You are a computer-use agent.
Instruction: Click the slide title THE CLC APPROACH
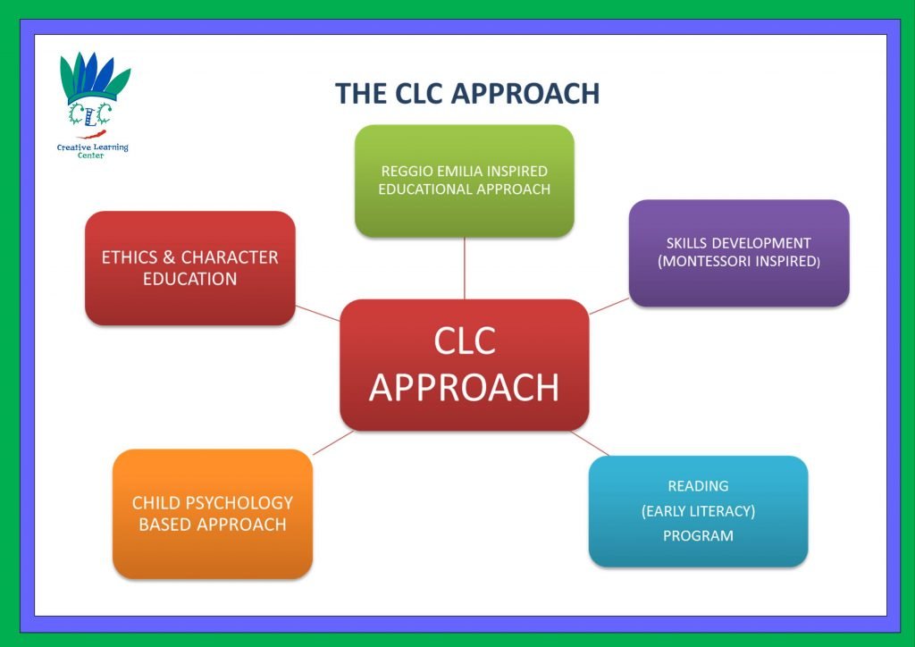(x=466, y=94)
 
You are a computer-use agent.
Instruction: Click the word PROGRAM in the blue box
(x=698, y=536)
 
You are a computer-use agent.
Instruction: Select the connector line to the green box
(x=465, y=268)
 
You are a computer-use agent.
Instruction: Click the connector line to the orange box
(x=332, y=442)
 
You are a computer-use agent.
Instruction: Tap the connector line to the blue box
(x=590, y=444)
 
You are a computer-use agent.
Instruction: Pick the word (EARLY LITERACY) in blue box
(x=698, y=511)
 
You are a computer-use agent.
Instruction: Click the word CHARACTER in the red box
(x=230, y=257)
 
